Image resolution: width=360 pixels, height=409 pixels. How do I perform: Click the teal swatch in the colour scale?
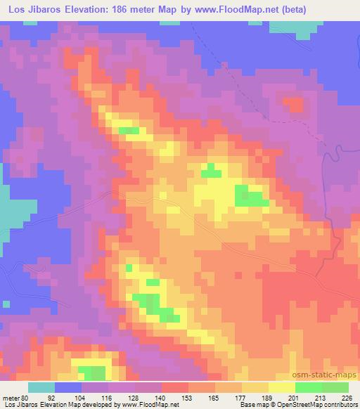click(42, 387)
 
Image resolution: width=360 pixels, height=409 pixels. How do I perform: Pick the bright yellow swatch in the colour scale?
click(281, 387)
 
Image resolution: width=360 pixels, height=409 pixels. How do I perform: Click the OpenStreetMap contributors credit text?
click(315, 405)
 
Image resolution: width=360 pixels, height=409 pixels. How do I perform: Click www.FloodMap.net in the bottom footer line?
click(150, 405)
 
